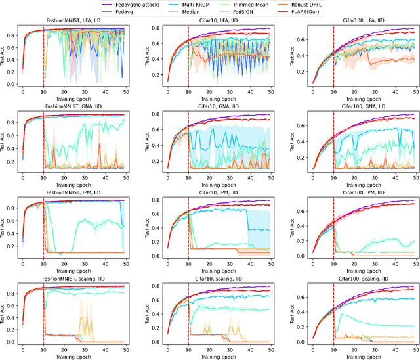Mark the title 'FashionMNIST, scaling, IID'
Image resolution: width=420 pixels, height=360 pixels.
[x=77, y=279]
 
